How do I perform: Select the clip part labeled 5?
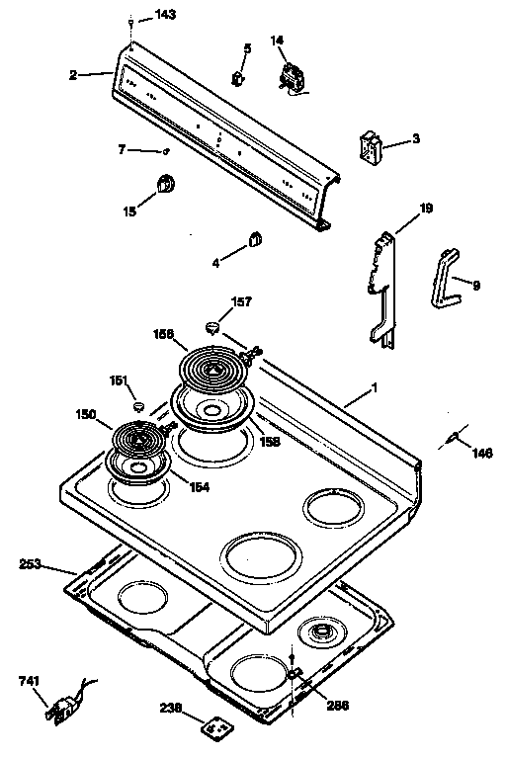237,77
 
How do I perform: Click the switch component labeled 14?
293,77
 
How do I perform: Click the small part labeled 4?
254,238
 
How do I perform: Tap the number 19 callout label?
426,209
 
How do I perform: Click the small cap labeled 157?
212,326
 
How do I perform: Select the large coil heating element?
214,370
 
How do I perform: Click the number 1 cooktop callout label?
375,388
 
